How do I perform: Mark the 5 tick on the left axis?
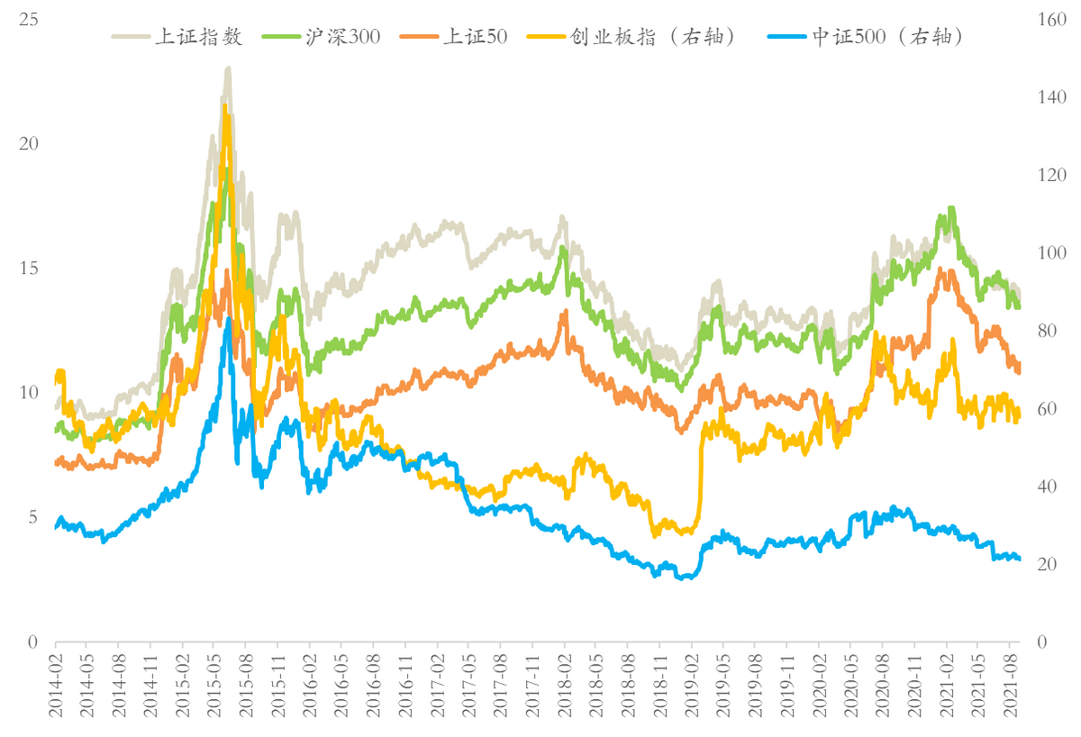pos(32,517)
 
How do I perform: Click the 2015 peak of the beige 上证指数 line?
pos(228,68)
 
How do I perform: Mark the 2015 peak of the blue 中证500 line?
pos(228,319)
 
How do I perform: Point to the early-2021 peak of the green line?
pos(951,208)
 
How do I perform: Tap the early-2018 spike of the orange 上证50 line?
pos(566,312)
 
